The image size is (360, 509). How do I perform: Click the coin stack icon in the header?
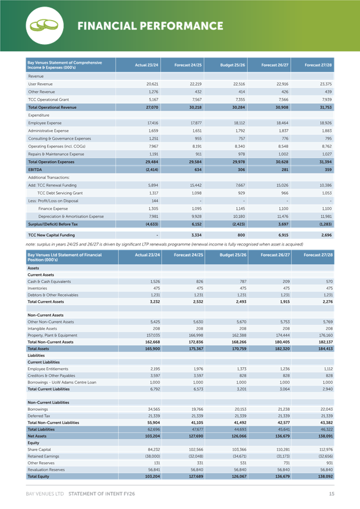44,25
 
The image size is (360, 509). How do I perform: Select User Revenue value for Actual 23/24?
152,84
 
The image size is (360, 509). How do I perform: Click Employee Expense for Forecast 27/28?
325,123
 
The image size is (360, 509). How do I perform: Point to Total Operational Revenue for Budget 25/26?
238,108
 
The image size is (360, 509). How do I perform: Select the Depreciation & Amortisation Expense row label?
71,217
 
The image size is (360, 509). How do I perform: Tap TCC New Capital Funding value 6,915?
282,235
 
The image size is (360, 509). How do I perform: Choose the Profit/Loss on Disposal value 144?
155,201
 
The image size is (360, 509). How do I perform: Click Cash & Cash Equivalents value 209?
286,282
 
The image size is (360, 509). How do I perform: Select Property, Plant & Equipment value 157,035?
153,335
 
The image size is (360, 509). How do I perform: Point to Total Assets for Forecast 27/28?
326,349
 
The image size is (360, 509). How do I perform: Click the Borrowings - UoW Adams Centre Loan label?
62,382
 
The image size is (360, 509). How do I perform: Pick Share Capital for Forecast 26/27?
283,450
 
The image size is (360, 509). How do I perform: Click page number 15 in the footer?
332,494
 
